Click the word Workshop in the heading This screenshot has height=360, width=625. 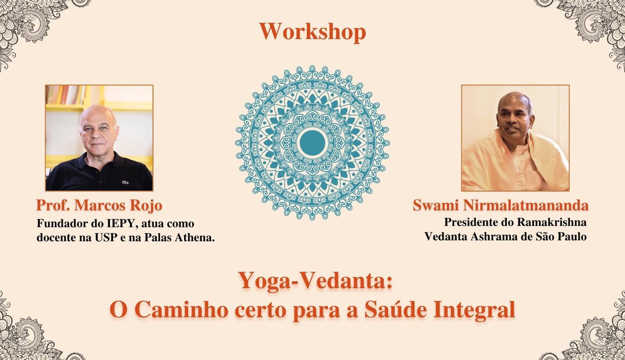point(312,32)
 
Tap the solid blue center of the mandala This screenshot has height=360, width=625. point(312,143)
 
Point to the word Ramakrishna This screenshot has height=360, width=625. point(552,222)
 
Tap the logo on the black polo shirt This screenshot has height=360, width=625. point(125,182)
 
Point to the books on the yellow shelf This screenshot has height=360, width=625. point(66,95)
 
